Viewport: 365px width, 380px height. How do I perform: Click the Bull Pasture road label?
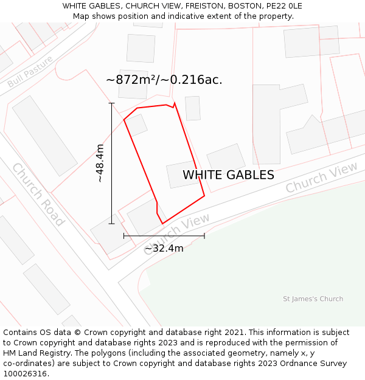(x=30, y=71)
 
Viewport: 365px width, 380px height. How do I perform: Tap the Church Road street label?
(x=38, y=194)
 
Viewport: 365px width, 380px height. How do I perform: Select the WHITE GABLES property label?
(x=228, y=175)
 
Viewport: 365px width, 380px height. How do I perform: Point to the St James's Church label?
(x=313, y=299)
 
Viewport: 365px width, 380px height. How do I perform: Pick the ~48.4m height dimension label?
(x=100, y=164)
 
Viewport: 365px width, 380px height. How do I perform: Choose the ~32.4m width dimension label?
(x=164, y=248)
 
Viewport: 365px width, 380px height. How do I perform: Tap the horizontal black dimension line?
(x=164, y=235)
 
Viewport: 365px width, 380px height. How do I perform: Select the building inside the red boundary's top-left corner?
(x=136, y=125)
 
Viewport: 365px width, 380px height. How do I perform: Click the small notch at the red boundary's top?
(x=175, y=105)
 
